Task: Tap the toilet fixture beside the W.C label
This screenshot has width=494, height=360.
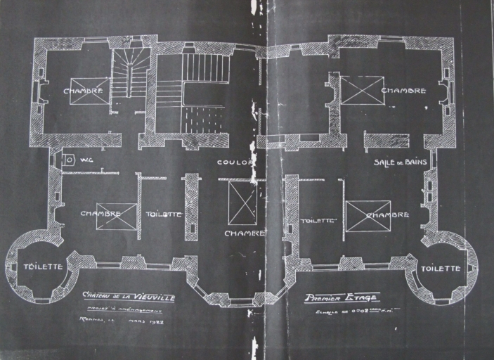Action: [69, 160]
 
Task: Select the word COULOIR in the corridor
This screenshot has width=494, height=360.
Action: [234, 162]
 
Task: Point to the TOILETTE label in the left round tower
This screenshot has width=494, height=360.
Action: [43, 266]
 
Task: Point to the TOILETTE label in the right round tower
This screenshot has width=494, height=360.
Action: [440, 268]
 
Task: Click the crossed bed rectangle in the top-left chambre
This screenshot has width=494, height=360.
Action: [89, 91]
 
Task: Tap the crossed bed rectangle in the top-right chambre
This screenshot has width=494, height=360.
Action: [362, 90]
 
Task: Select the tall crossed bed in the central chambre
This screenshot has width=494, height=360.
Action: [242, 202]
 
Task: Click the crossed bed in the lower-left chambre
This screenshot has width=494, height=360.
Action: [116, 216]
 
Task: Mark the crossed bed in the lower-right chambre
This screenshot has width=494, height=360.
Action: [368, 215]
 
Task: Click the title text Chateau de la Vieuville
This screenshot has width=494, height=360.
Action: [129, 297]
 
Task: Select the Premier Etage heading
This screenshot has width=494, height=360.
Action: [342, 297]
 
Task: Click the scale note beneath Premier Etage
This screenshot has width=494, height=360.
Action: [347, 309]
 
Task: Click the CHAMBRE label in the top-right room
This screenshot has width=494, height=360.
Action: [403, 91]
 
